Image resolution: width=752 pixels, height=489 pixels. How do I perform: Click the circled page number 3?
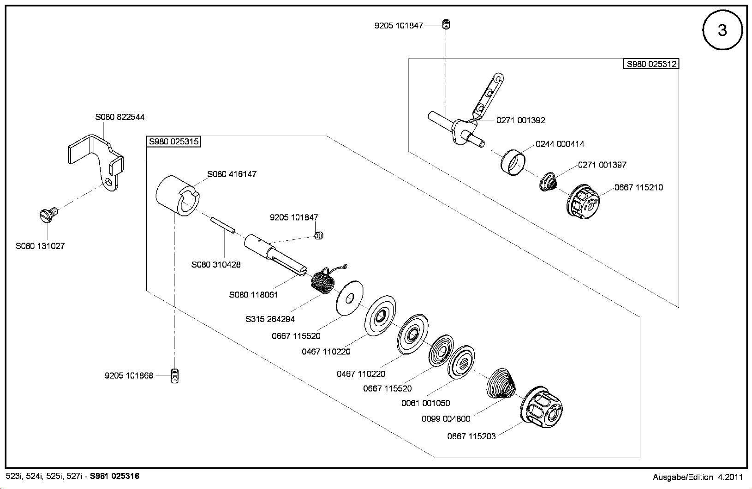coord(722,30)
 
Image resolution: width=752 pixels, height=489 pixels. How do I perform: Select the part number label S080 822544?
coord(120,117)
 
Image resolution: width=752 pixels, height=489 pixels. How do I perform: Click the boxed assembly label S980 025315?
coord(173,142)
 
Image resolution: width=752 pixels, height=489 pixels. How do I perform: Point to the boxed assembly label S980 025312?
coord(651,64)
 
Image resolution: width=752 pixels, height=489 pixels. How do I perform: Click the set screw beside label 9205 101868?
coord(174,376)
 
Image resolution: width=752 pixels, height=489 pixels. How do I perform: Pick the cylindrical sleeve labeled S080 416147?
coord(178,196)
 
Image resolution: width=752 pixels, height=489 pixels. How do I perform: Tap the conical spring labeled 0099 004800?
coord(501,383)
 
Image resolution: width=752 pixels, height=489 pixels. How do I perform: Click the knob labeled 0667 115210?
coord(583,202)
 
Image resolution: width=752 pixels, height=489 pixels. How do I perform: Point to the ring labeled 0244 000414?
coord(513,163)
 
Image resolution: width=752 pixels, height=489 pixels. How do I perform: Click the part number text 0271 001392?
coord(521,120)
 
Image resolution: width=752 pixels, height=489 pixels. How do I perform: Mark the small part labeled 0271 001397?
coord(548,182)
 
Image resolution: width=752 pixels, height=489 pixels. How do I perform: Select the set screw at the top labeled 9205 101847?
coord(446,24)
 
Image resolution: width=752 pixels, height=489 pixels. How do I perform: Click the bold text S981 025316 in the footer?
coord(114,476)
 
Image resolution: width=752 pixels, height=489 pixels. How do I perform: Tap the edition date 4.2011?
coord(730,477)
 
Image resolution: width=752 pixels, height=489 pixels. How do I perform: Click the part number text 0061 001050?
coord(426,403)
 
